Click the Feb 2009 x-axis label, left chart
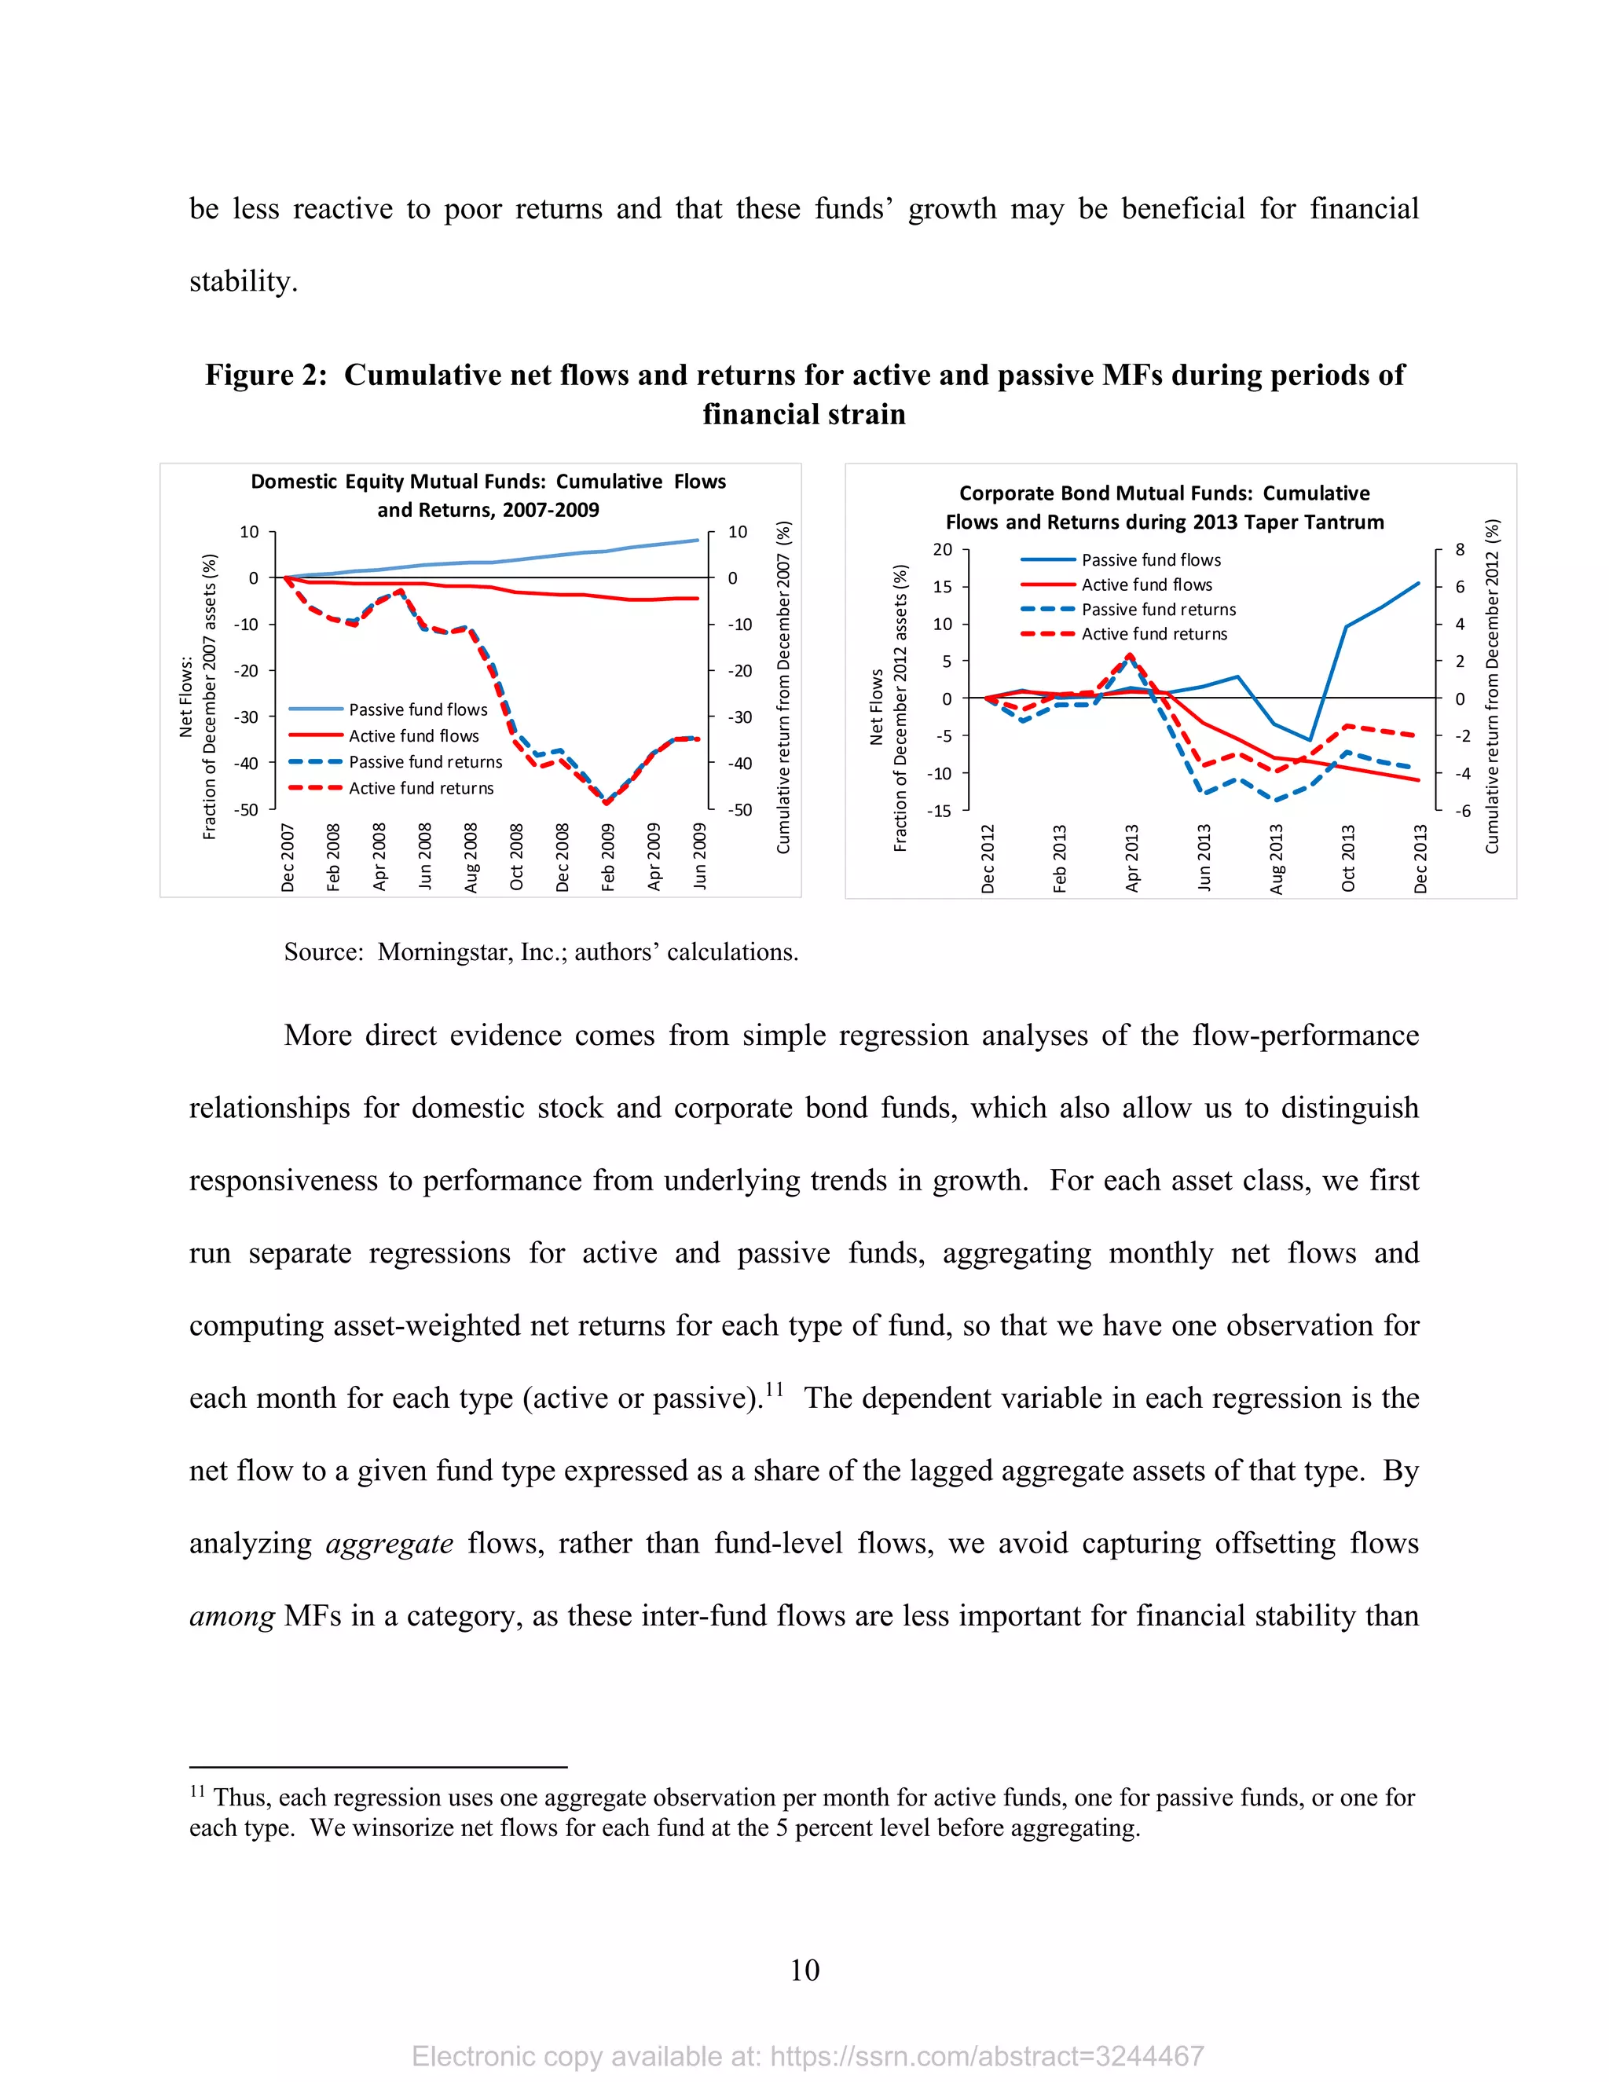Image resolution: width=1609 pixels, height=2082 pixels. point(608,857)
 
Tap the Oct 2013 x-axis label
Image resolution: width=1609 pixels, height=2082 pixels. point(1348,858)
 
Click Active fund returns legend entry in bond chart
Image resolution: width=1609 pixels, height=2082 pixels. point(1153,634)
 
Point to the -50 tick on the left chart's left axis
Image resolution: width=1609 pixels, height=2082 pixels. point(247,809)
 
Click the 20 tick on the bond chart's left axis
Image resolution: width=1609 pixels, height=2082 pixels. point(942,550)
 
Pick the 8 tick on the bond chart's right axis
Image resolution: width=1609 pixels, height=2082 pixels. point(1460,550)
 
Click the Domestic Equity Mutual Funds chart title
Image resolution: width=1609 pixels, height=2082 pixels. point(488,495)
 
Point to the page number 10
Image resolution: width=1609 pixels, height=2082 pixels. point(804,1970)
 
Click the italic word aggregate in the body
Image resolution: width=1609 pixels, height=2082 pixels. point(389,1543)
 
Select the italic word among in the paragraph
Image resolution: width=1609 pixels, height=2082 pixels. point(232,1616)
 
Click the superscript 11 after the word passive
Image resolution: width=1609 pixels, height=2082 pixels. point(773,1389)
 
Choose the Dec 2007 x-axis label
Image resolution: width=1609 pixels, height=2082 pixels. point(288,857)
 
